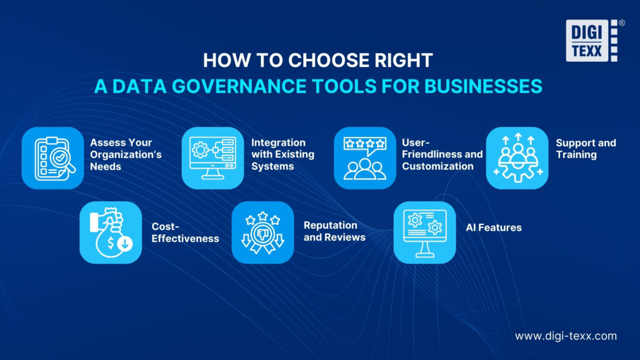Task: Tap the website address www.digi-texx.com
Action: [566, 336]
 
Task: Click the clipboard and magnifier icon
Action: [52, 158]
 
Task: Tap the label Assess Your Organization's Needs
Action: [121, 154]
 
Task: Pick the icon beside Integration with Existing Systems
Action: [212, 158]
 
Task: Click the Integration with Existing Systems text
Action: [282, 154]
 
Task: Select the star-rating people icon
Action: [364, 158]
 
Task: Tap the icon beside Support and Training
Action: [517, 158]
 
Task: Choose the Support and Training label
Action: [586, 149]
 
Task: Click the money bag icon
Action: [110, 232]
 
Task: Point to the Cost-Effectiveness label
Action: [185, 232]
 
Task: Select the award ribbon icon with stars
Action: [262, 232]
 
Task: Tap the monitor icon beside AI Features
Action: [424, 232]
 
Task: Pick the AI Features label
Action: [493, 228]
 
